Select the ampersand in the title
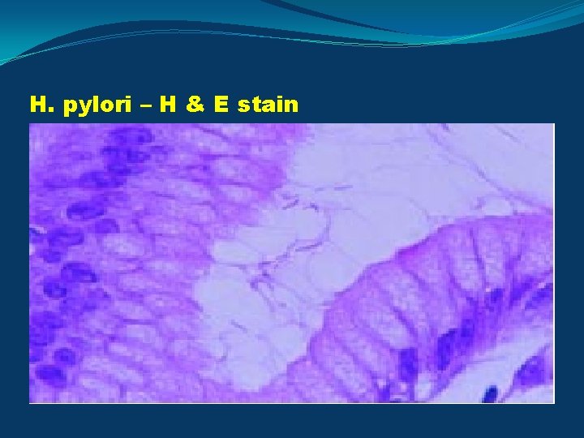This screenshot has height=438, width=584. (192, 105)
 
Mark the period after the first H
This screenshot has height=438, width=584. (48, 109)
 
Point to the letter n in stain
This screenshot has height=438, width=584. (292, 106)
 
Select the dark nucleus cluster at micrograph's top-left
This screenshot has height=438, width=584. (122, 150)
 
